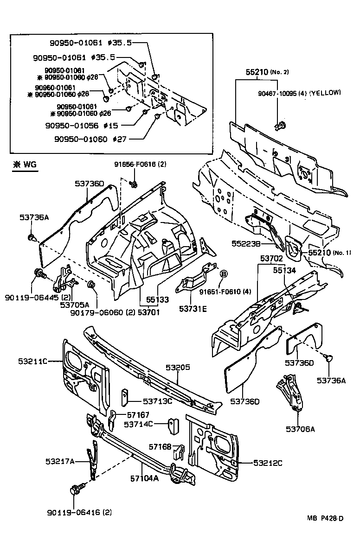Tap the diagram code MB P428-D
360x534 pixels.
[x=325, y=518]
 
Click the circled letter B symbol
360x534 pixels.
[x=223, y=274]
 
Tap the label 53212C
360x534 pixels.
[x=268, y=463]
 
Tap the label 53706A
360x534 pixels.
[x=300, y=429]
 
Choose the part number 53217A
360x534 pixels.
[x=60, y=461]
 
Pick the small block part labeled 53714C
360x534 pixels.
[x=172, y=426]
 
